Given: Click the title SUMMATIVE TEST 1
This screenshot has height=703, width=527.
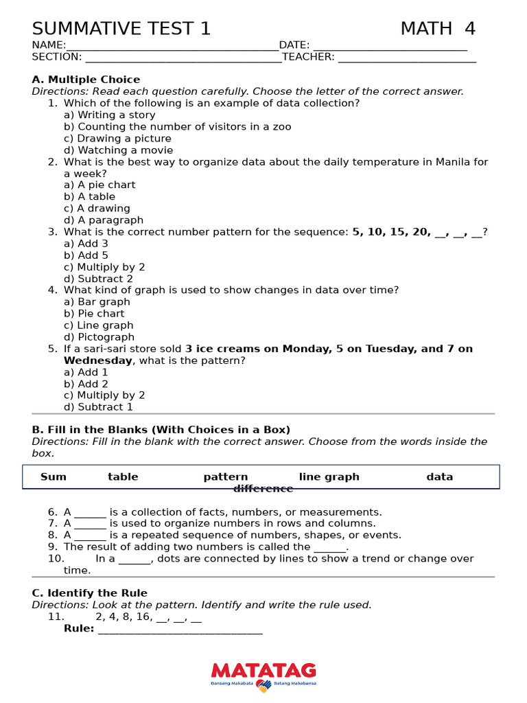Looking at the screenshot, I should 121,29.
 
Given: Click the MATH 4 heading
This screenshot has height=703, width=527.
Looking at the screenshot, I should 438,29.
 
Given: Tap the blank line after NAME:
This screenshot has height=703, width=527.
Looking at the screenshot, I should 172,46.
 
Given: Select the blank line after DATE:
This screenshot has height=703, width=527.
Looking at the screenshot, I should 389,46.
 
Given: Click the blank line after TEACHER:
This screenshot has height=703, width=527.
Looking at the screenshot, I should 407,58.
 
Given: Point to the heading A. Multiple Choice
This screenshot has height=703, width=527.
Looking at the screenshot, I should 86,80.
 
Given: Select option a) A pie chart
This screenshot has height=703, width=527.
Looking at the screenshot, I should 99,185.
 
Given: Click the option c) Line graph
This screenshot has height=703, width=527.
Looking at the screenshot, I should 99,325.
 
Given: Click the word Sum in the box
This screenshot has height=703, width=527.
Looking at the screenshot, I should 54,477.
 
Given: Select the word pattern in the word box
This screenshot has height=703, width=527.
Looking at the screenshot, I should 226,477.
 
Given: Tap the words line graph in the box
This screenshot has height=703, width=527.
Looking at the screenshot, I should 329,477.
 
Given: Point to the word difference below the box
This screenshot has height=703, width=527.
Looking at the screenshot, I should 263,489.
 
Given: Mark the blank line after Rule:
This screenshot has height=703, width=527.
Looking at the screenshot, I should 180,630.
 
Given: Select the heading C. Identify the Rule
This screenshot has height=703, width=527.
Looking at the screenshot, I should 90,593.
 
